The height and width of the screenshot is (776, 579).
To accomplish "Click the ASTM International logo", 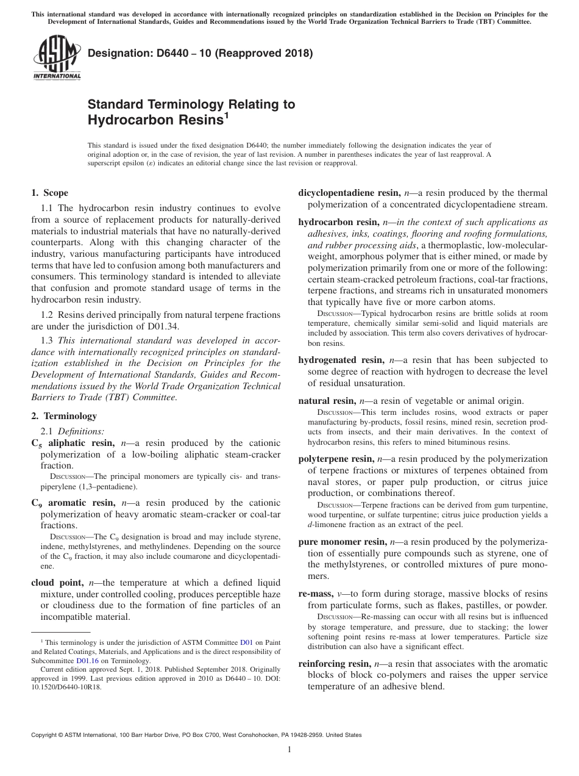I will (57, 58).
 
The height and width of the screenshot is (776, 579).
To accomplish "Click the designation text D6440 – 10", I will (200, 53).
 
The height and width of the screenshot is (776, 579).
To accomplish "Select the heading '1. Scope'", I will (49, 193).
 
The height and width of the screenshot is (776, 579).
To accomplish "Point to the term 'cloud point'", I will (59, 582).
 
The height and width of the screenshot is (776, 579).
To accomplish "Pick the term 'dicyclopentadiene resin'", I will (349, 193).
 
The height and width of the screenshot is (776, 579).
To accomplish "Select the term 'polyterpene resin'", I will (336, 459).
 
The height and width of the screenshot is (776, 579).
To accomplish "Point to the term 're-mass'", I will (316, 594).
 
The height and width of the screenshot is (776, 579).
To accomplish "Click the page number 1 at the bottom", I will (289, 750).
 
